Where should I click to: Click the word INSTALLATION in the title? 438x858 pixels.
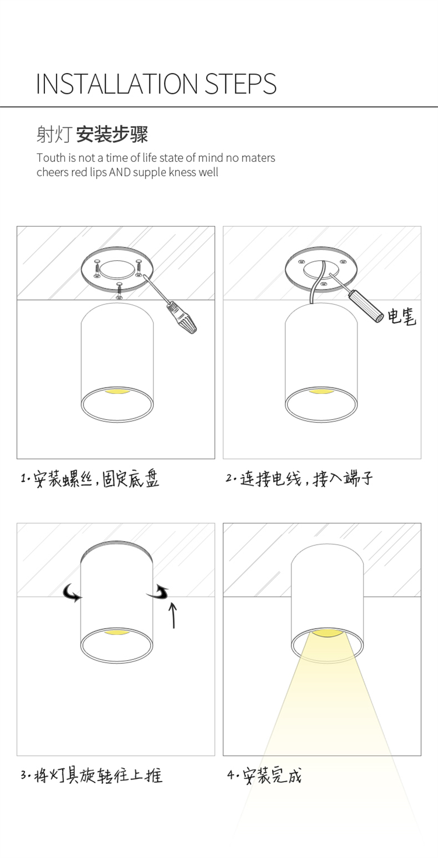[x=117, y=84]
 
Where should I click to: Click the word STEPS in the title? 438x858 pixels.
[x=241, y=84]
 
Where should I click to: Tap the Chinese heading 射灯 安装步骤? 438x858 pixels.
[x=92, y=134]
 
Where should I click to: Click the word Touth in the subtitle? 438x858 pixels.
[x=51, y=158]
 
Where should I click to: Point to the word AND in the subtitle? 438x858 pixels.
[x=120, y=172]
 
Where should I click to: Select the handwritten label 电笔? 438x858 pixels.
[x=401, y=316]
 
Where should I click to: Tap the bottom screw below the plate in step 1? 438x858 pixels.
[x=119, y=291]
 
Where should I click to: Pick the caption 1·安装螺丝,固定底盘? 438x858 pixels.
[x=90, y=479]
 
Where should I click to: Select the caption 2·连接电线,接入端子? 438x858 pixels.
[x=299, y=479]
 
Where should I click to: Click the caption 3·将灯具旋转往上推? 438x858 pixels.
[x=92, y=776]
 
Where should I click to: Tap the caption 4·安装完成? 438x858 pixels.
[x=265, y=776]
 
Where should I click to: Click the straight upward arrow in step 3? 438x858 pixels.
[x=173, y=615]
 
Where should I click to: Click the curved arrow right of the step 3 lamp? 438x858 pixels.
[x=159, y=593]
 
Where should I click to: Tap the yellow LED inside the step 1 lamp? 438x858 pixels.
[x=117, y=392]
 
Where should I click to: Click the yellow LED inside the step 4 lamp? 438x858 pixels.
[x=327, y=633]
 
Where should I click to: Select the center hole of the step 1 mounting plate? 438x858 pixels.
[x=117, y=269]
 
